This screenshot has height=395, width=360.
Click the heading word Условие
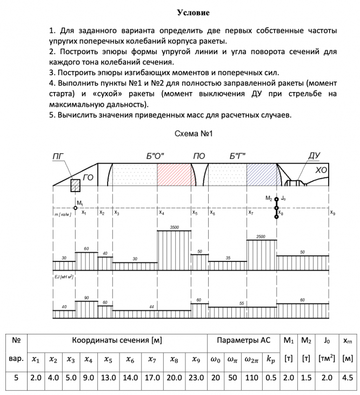tap(192, 12)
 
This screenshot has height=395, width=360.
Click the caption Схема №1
tap(192, 133)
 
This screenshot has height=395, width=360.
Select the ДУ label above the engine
tap(314, 156)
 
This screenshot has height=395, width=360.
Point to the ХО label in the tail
tap(321, 171)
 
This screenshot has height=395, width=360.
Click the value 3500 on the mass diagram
tap(174, 227)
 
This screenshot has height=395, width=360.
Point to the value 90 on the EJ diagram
tap(86, 298)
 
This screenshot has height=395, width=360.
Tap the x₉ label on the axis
tap(332, 213)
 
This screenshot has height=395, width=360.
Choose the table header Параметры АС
tap(243, 340)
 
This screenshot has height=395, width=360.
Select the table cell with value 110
tap(251, 378)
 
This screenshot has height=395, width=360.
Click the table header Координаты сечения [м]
tap(117, 340)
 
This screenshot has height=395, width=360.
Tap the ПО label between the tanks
tap(199, 156)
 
